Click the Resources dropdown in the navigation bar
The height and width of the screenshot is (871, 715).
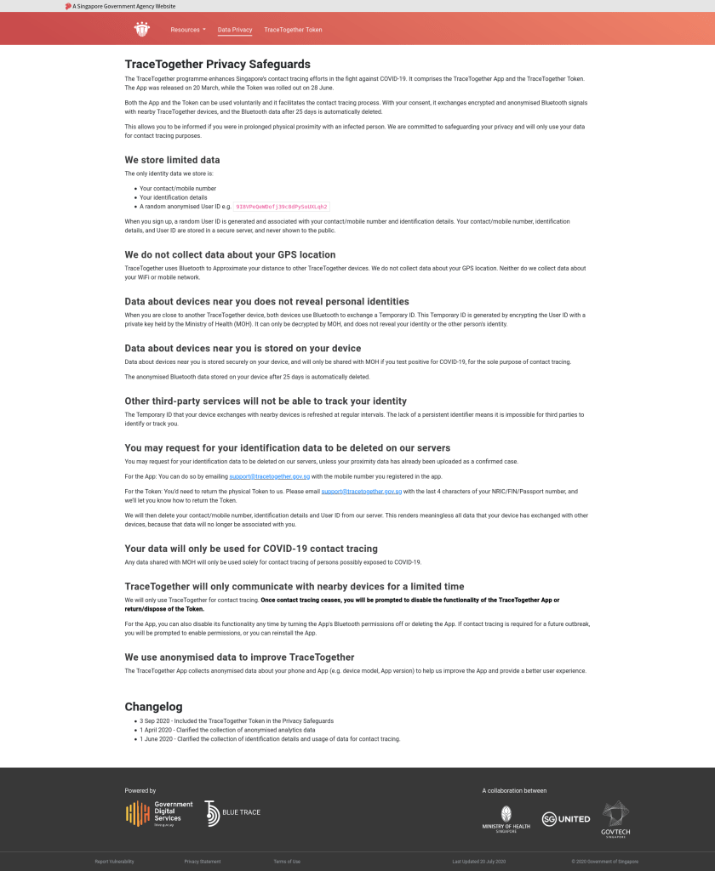(x=187, y=30)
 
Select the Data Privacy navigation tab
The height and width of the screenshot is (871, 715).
(x=235, y=30)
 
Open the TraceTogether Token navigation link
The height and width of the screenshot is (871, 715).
(x=293, y=30)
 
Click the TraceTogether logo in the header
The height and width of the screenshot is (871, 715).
(x=141, y=30)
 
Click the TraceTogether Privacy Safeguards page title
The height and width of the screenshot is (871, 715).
(x=217, y=64)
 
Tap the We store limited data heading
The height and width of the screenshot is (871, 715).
(x=172, y=159)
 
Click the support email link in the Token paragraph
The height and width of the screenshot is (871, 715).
(x=355, y=492)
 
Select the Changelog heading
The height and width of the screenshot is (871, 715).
(x=153, y=706)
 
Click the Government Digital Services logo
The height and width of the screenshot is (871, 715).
(x=159, y=813)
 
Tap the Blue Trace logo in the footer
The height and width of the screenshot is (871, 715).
(x=232, y=813)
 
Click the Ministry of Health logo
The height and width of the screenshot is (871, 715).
(x=506, y=819)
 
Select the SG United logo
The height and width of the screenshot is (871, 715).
(x=566, y=818)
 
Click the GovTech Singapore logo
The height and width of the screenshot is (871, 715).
(x=615, y=818)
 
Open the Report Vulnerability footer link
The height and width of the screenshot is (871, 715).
(x=114, y=862)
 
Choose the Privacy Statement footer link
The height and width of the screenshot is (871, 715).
(x=203, y=862)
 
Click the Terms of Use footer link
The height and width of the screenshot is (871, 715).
(x=287, y=862)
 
